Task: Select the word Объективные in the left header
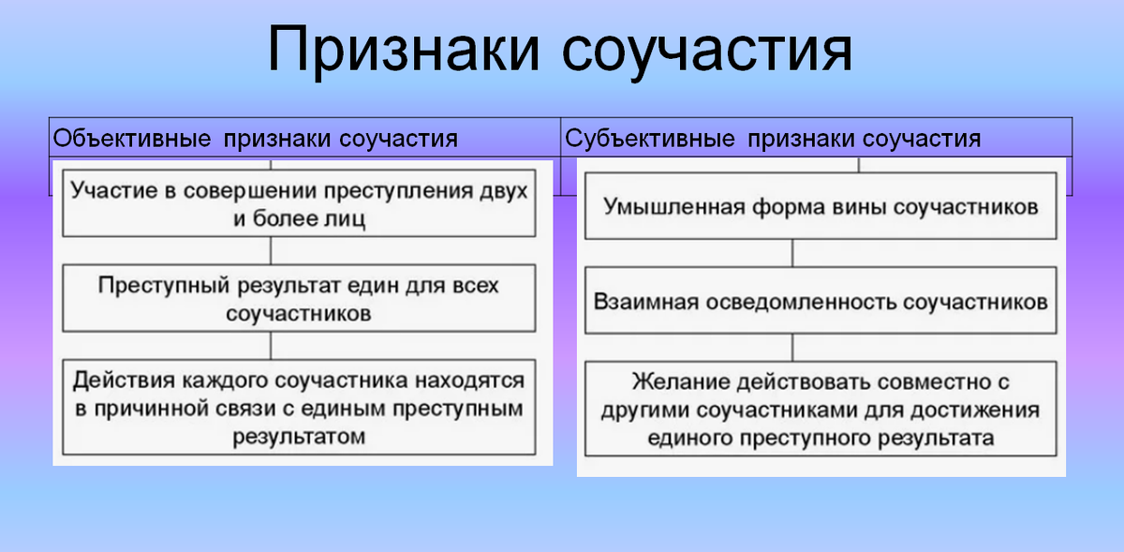coord(131,139)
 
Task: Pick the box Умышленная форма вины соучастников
coord(820,206)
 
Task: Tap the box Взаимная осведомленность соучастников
coord(820,301)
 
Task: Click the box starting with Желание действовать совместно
coord(820,410)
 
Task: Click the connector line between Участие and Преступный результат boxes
coord(271,250)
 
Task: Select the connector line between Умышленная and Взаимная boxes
coord(794,253)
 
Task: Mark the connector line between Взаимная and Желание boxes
coord(794,348)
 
